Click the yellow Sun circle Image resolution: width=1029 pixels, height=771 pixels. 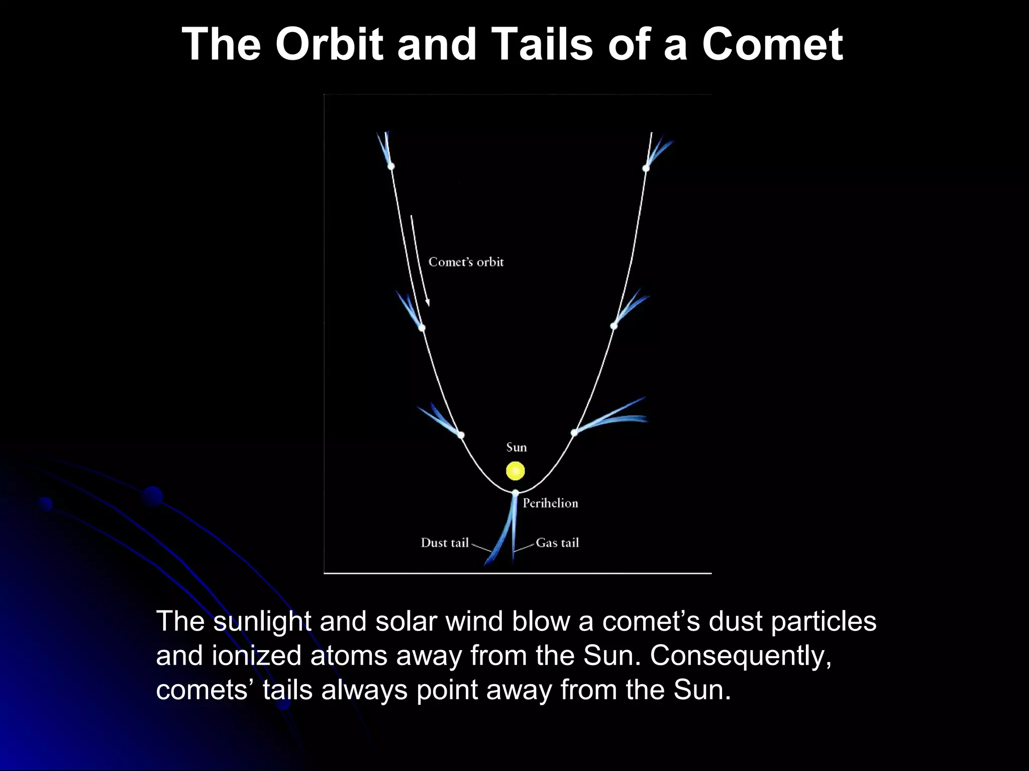515,471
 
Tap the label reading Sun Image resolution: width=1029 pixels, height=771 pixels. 516,447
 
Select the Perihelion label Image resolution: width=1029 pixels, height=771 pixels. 550,503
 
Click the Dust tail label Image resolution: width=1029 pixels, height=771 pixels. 445,543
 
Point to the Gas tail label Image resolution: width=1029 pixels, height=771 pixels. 557,543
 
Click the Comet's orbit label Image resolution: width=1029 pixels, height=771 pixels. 466,262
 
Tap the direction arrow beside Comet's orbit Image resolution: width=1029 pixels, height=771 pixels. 420,261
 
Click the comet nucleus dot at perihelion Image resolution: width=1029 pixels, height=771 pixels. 515,493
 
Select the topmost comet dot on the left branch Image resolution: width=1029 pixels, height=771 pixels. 391,166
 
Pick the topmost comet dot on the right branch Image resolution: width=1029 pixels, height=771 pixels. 646,168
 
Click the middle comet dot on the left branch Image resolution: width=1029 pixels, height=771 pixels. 422,328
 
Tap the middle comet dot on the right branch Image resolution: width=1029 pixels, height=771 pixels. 613,326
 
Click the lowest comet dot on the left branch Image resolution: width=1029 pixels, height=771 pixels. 461,435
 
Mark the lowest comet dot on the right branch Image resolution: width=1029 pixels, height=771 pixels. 574,432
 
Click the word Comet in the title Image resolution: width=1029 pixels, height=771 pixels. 772,44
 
